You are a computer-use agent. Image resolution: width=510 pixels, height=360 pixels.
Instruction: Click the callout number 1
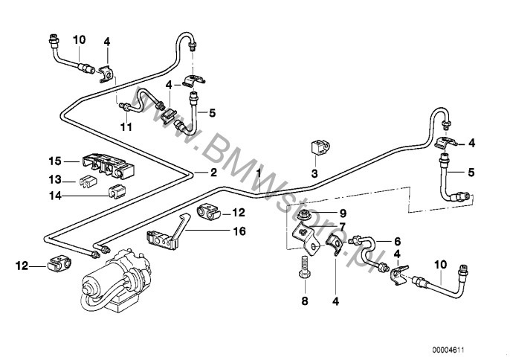[x=258, y=173]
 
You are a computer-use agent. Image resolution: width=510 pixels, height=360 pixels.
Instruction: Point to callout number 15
[x=54, y=161]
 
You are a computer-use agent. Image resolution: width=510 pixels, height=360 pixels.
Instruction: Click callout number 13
[x=54, y=179]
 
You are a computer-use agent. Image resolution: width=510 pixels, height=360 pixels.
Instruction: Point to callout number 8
[x=303, y=302]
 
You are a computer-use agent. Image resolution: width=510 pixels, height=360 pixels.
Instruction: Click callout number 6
[x=396, y=240]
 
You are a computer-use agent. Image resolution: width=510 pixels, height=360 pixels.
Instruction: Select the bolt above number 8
[x=303, y=267]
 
